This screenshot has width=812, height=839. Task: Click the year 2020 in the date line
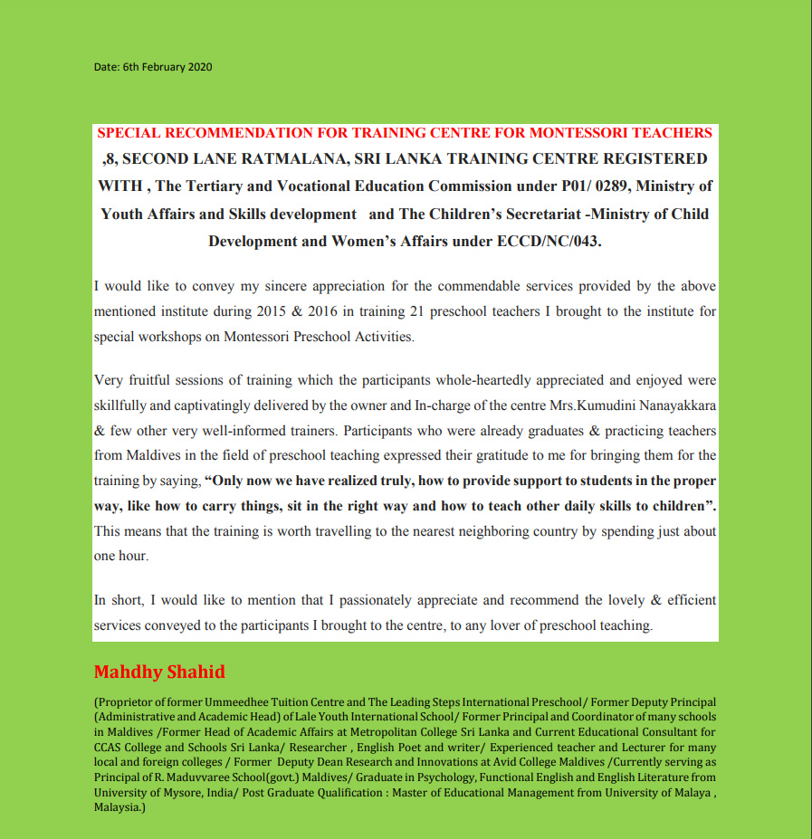pyautogui.click(x=200, y=67)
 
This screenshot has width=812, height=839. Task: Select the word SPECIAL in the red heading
pyautogui.click(x=129, y=133)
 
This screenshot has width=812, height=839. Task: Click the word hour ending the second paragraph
pyautogui.click(x=133, y=556)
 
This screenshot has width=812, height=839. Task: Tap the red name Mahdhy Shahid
pyautogui.click(x=159, y=672)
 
